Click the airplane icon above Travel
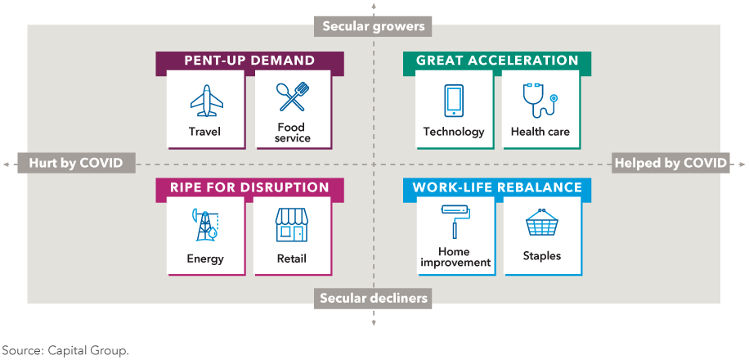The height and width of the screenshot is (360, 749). [x=207, y=101]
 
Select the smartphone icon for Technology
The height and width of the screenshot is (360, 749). [x=453, y=101]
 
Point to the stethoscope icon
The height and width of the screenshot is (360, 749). [x=540, y=101]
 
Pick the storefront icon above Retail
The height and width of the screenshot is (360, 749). [x=292, y=225]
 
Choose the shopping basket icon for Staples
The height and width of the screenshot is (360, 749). [x=541, y=223]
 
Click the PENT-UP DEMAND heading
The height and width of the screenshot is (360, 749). [x=250, y=61]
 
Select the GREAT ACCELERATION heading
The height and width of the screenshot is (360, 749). [x=497, y=61]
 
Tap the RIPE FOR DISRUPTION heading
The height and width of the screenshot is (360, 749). [x=250, y=187]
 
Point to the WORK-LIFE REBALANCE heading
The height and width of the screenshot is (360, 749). [x=497, y=187]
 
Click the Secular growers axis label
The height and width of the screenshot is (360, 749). [x=373, y=26]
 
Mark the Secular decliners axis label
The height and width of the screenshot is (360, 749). [x=373, y=299]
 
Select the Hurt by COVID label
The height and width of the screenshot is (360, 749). [x=76, y=163]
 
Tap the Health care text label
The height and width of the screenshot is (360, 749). [x=540, y=132]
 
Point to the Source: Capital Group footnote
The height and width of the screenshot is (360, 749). [x=65, y=350]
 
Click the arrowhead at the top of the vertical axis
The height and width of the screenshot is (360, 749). [x=374, y=5]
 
